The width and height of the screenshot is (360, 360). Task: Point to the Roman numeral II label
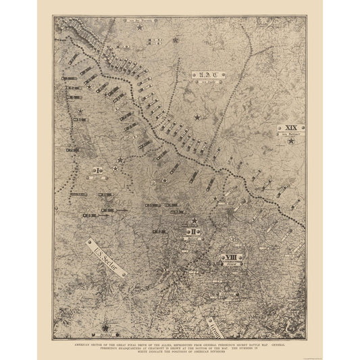tap(193, 232)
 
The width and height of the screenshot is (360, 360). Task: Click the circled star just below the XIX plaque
tap(291, 143)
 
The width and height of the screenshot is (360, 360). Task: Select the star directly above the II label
tap(194, 221)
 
